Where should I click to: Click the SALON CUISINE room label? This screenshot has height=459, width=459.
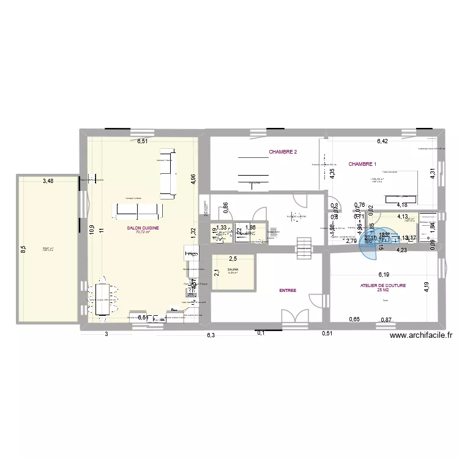click(x=143, y=228)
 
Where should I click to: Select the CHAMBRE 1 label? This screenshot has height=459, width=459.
click(x=362, y=164)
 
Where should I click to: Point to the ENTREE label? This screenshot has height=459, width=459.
click(x=288, y=291)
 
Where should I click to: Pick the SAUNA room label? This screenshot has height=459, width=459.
click(x=233, y=269)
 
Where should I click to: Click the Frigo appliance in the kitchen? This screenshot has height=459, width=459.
click(x=191, y=253)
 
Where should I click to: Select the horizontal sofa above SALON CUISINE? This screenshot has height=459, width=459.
click(x=137, y=211)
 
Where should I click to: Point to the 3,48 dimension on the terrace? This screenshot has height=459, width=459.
click(x=47, y=181)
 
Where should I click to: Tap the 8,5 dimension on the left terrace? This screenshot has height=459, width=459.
click(x=23, y=249)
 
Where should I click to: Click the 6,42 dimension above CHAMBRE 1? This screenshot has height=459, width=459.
click(x=382, y=141)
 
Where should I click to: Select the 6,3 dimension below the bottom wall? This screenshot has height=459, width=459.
click(x=211, y=335)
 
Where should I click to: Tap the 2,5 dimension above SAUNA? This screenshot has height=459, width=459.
click(x=233, y=259)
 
